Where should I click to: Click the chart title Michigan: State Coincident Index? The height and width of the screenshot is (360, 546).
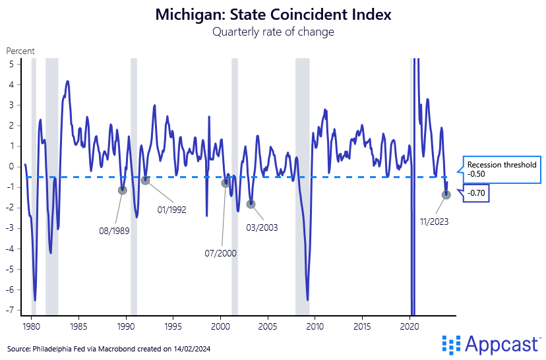click(x=273, y=15)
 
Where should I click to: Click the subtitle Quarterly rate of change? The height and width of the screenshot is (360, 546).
click(x=273, y=32)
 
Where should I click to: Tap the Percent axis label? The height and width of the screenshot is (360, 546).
click(x=20, y=51)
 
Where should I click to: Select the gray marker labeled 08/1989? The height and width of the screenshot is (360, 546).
click(x=122, y=190)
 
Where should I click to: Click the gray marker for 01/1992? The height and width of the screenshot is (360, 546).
click(x=145, y=180)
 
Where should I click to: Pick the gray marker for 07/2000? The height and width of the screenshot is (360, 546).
click(x=226, y=183)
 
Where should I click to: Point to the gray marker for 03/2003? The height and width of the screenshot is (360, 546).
click(x=251, y=204)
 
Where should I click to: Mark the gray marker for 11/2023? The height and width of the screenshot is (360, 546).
click(x=446, y=195)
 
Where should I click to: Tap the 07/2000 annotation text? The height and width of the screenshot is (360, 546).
click(x=220, y=253)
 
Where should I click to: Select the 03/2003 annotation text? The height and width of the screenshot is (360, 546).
click(x=262, y=227)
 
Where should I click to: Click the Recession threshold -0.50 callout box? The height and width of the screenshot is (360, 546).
click(x=501, y=169)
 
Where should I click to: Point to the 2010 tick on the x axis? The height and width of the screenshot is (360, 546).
click(x=315, y=326)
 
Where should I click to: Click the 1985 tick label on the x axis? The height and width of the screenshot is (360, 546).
click(x=78, y=326)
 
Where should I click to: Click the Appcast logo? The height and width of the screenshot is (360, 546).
click(x=492, y=344)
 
